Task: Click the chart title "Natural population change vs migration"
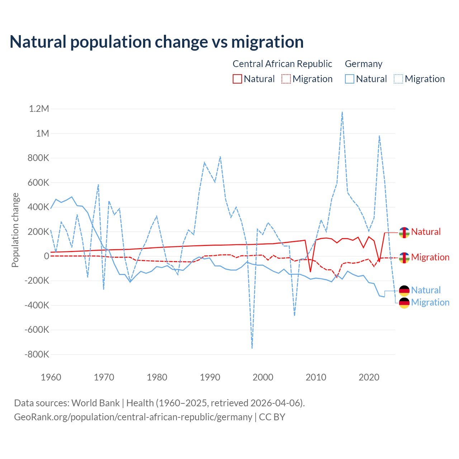click(157, 42)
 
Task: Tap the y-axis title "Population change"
click(15, 230)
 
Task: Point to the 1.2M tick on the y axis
click(39, 109)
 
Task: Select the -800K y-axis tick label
click(37, 354)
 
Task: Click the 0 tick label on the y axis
click(46, 256)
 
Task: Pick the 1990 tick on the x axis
click(210, 377)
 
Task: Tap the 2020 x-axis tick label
click(369, 377)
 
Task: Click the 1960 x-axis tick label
click(51, 377)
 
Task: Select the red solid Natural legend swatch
click(237, 79)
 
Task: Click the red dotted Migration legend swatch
click(286, 79)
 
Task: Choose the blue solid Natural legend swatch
click(350, 79)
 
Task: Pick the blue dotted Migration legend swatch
click(398, 79)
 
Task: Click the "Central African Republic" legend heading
click(282, 64)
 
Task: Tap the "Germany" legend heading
click(364, 64)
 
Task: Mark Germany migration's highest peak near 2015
click(342, 112)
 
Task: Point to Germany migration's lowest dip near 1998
click(252, 348)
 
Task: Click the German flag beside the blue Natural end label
click(404, 290)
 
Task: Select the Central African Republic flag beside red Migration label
click(404, 257)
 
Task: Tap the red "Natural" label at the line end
click(426, 232)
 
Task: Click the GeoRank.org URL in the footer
click(133, 417)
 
